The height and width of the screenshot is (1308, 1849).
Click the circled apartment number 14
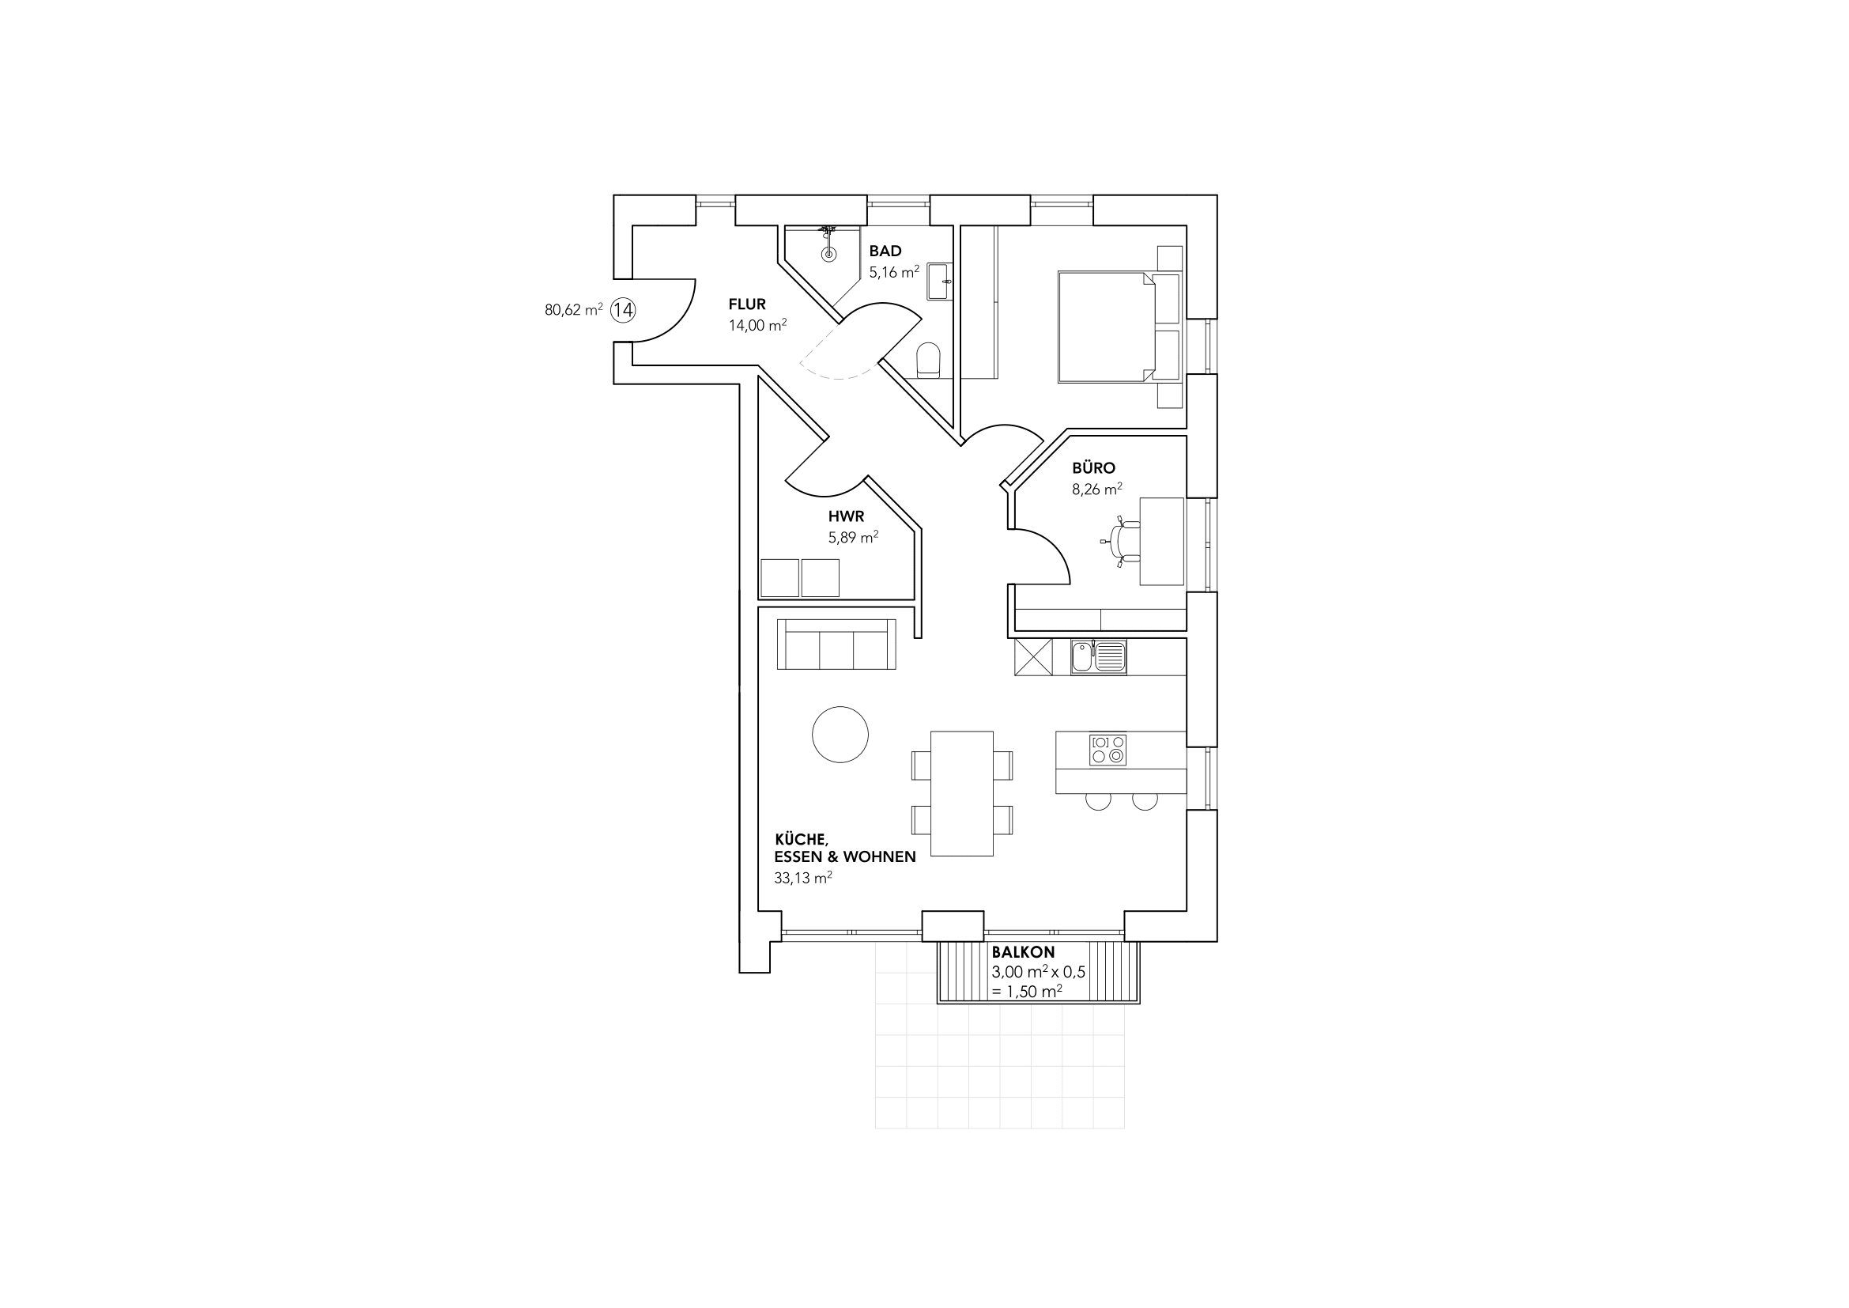pyautogui.click(x=622, y=310)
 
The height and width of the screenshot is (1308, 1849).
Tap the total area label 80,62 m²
pyautogui.click(x=573, y=309)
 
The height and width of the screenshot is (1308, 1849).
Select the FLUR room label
pyautogui.click(x=747, y=304)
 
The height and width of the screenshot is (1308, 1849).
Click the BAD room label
pyautogui.click(x=885, y=251)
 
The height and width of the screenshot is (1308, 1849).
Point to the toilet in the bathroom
pyautogui.click(x=929, y=361)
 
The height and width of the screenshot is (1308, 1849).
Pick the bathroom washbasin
pyautogui.click(x=939, y=281)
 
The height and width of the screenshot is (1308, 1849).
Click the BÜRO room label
pyautogui.click(x=1093, y=468)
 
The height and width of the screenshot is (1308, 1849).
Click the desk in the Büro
pyautogui.click(x=1162, y=541)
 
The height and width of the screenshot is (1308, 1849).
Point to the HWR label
pyautogui.click(x=847, y=517)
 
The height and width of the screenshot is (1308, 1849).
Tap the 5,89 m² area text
pyautogui.click(x=854, y=537)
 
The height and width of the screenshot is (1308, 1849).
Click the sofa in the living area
pyautogui.click(x=836, y=645)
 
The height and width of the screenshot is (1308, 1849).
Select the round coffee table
pyautogui.click(x=840, y=735)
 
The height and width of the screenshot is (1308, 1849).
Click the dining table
pyautogui.click(x=961, y=793)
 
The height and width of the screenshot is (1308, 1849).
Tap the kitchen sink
pyautogui.click(x=1099, y=656)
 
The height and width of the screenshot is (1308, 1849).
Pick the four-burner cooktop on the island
pyautogui.click(x=1108, y=750)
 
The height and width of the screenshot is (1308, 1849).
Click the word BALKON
pyautogui.click(x=1023, y=953)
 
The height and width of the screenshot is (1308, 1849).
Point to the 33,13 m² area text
pyautogui.click(x=803, y=878)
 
